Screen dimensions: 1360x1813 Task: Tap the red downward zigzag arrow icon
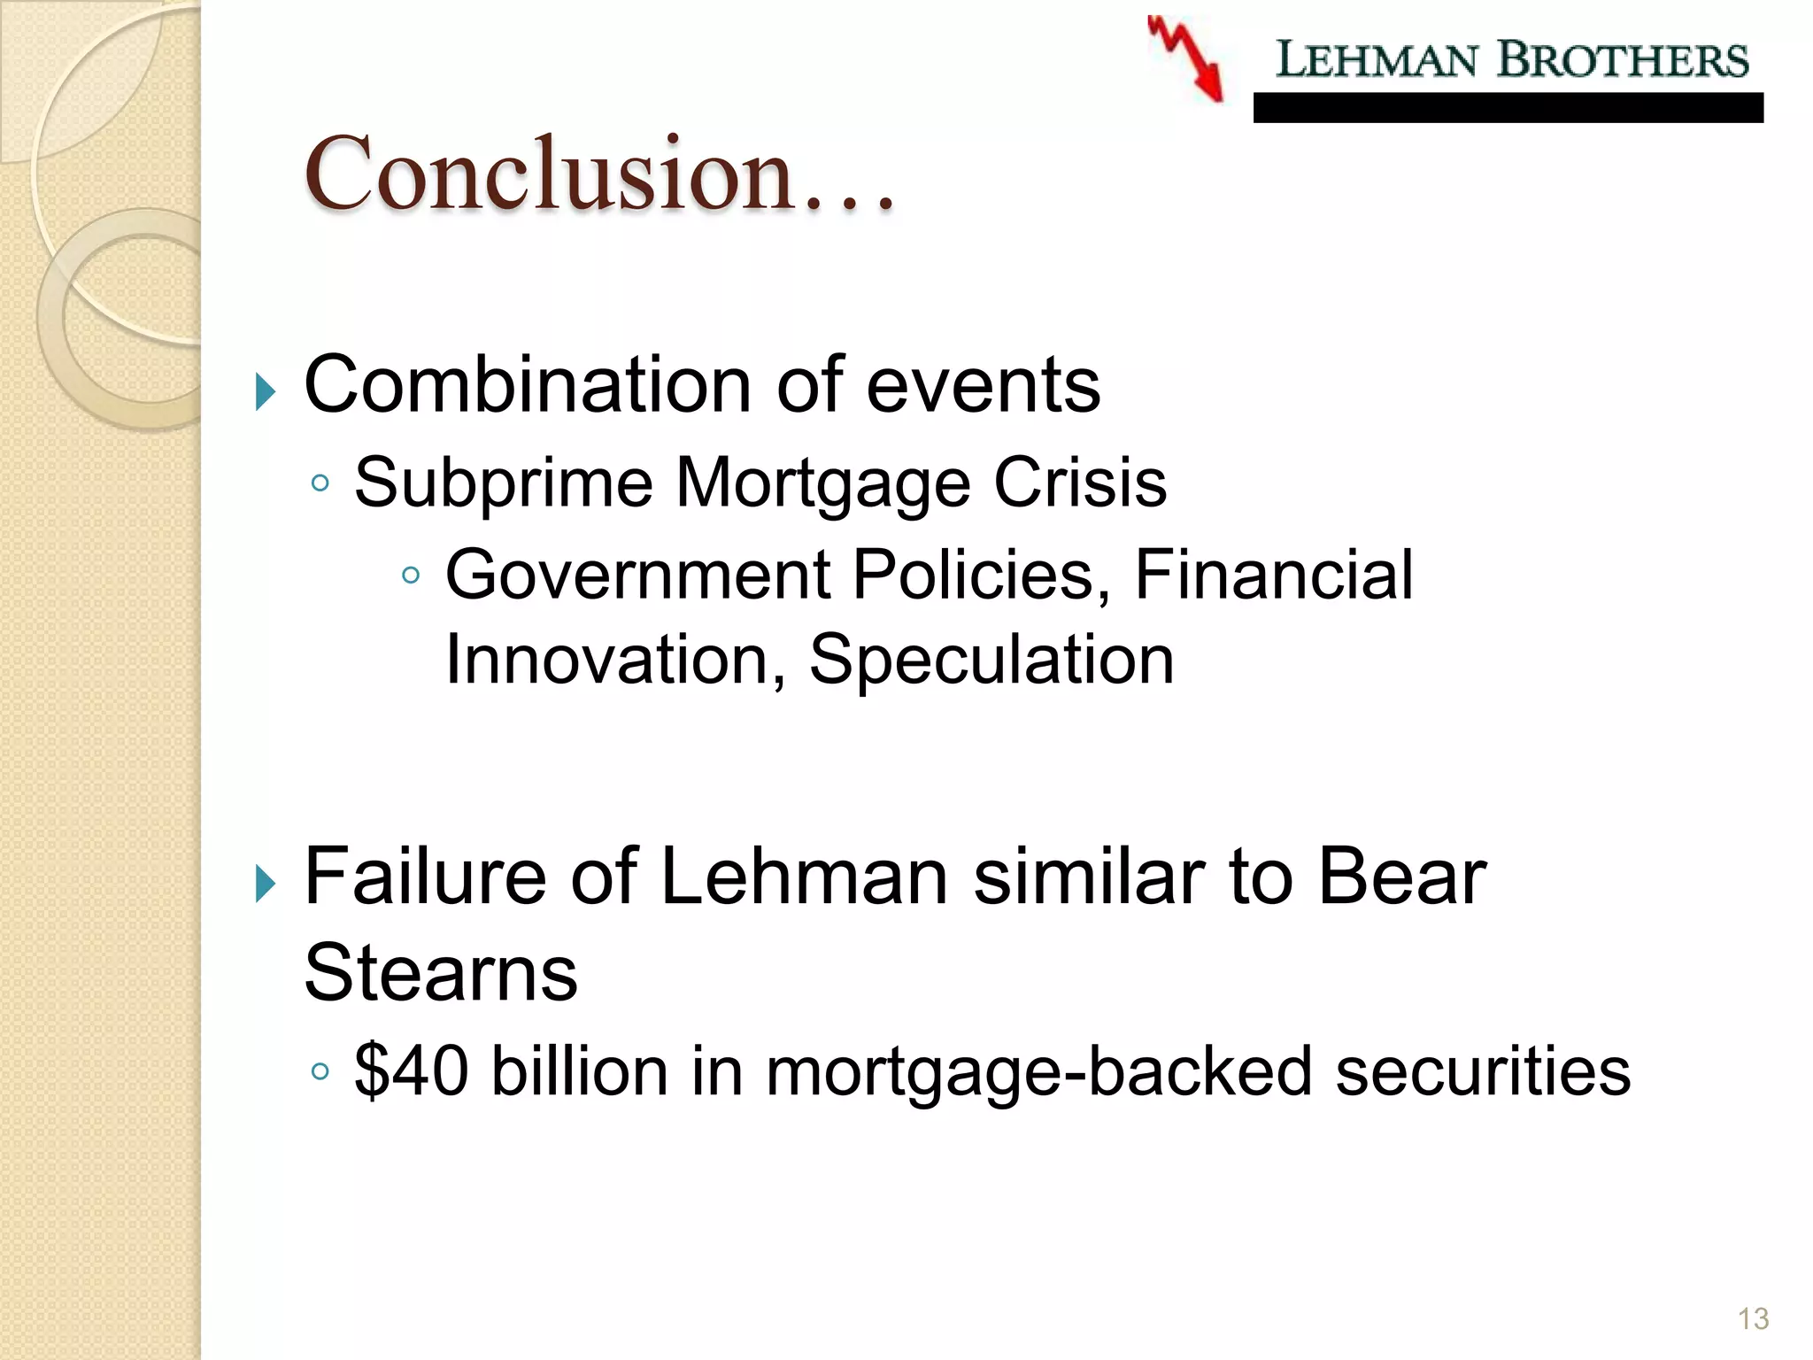click(1186, 58)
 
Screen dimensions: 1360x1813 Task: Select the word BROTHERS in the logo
click(1623, 60)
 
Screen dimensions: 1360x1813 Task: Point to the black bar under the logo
click(1508, 108)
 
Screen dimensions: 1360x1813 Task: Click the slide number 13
click(1753, 1319)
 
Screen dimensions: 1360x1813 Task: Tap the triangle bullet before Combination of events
click(265, 391)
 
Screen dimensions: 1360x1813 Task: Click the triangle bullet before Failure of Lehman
click(265, 883)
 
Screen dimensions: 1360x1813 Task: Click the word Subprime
click(504, 483)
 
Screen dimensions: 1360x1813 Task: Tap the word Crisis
click(1080, 483)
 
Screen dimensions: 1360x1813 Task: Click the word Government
click(637, 576)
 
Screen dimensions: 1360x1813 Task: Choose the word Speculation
click(991, 661)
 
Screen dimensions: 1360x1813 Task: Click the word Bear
click(1402, 877)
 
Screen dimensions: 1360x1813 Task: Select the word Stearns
click(441, 972)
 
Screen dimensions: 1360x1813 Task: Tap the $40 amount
click(411, 1071)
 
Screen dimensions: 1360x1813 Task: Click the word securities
click(1482, 1071)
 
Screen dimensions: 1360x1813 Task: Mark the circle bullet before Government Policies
click(410, 576)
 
